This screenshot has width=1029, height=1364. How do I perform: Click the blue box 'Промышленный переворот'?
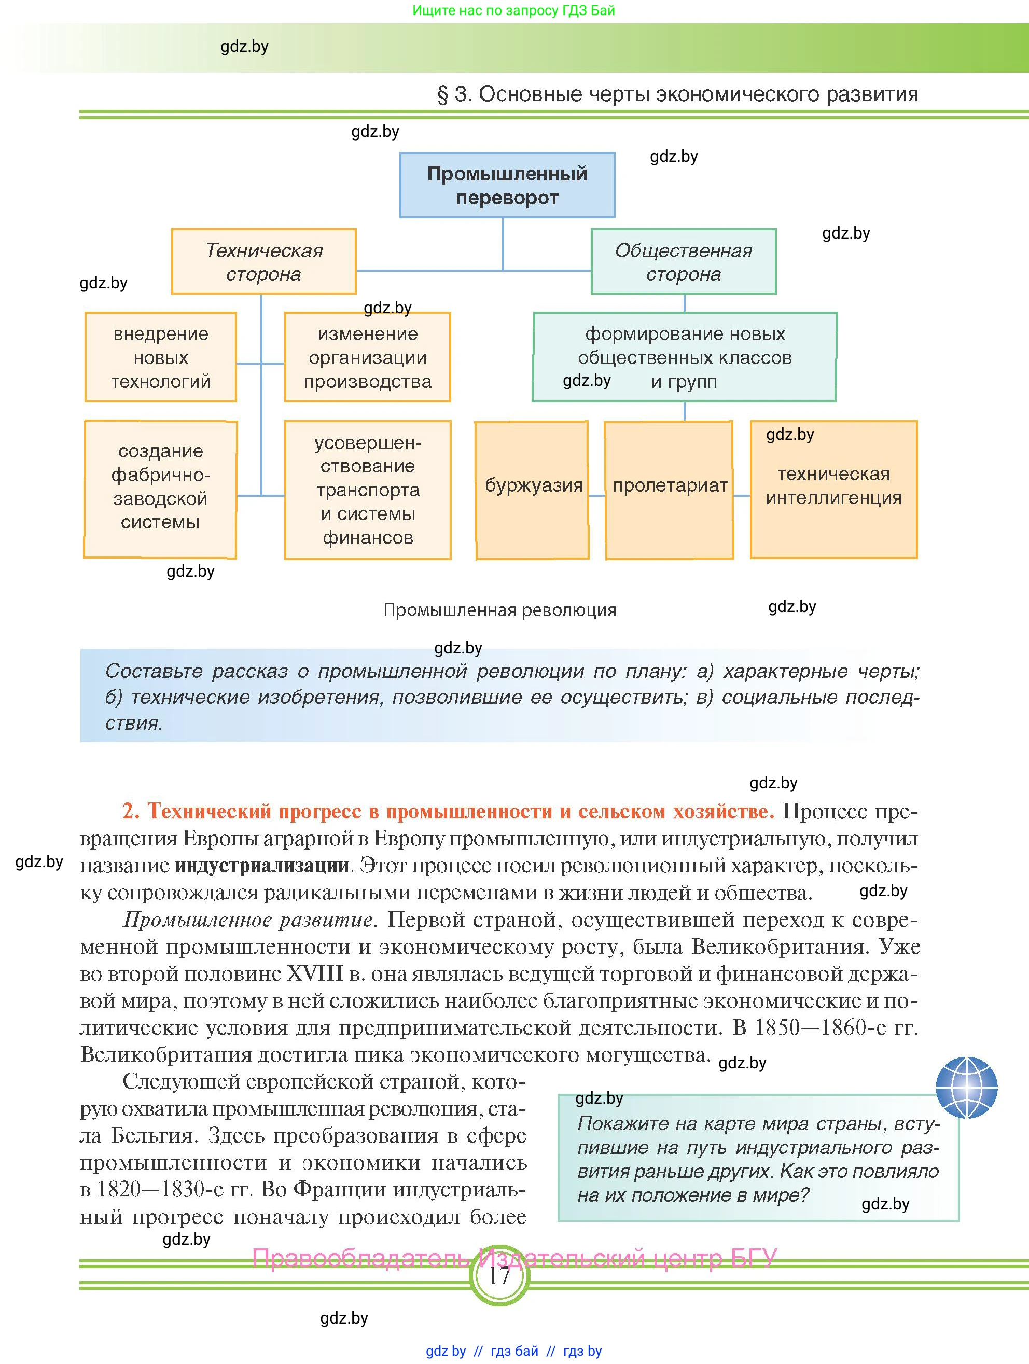[507, 185]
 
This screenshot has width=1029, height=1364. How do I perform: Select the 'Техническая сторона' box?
[264, 261]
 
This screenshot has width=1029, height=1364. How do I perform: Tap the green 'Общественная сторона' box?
[683, 261]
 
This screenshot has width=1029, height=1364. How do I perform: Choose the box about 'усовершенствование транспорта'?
[367, 490]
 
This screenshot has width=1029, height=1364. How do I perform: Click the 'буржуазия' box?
[533, 490]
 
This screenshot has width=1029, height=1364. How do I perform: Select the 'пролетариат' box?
[670, 490]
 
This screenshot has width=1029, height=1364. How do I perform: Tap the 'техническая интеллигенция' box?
[833, 490]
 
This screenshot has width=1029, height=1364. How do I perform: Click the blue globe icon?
[966, 1088]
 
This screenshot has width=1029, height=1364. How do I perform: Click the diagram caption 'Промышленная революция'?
[499, 610]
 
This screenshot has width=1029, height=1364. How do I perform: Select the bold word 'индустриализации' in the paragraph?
[262, 865]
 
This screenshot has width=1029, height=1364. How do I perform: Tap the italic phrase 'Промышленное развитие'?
[248, 920]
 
